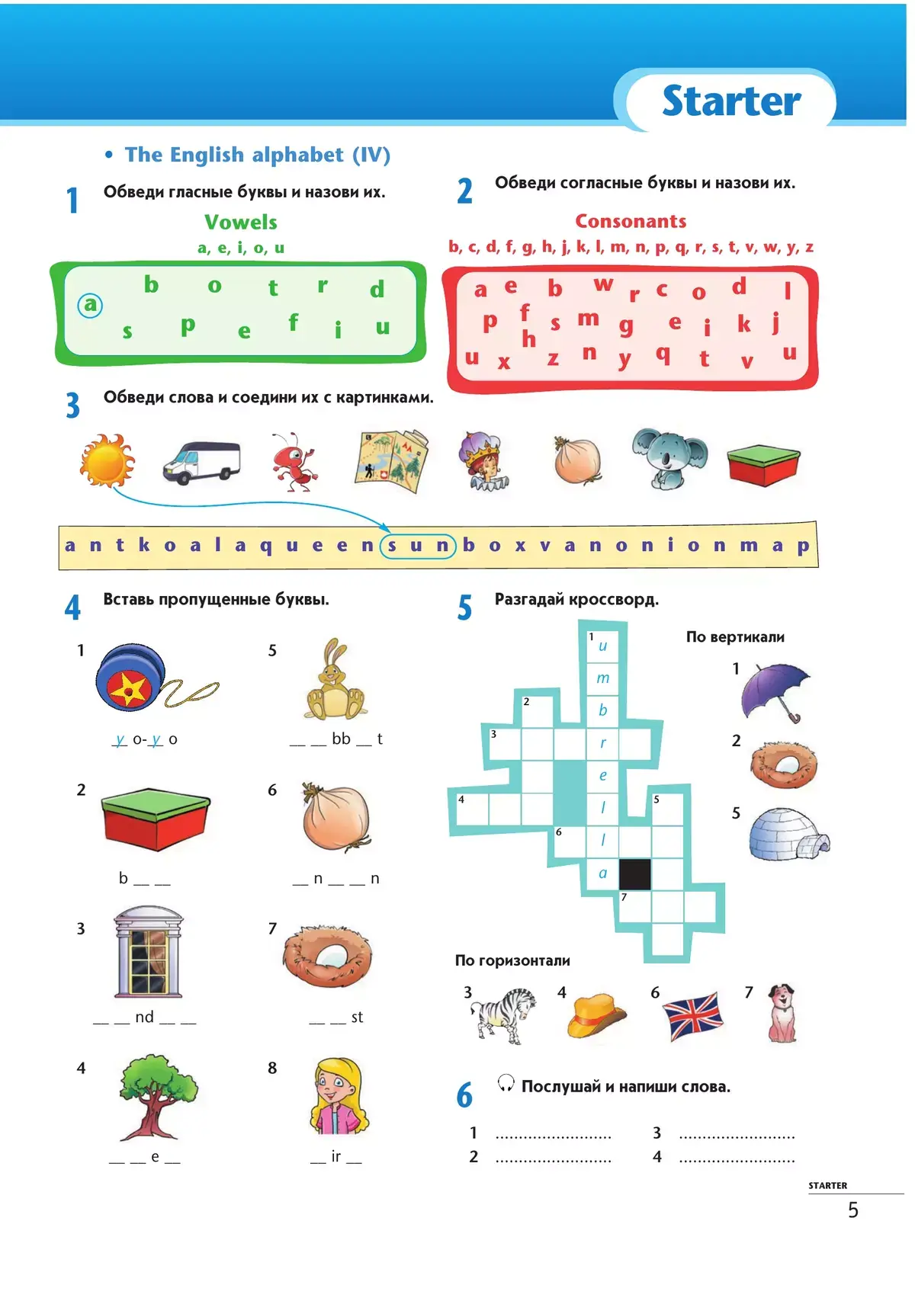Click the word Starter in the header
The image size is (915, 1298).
pyautogui.click(x=730, y=101)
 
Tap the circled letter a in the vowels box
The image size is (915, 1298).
pyautogui.click(x=90, y=305)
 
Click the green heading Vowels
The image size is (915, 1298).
pyautogui.click(x=240, y=222)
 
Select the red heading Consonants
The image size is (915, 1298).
pyautogui.click(x=631, y=221)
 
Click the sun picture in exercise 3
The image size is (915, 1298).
pyautogui.click(x=107, y=460)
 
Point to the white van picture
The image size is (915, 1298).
pyautogui.click(x=201, y=461)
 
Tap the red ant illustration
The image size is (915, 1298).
pyautogui.click(x=293, y=461)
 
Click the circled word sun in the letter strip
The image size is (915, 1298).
pyautogui.click(x=417, y=546)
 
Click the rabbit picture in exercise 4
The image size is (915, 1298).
pyautogui.click(x=335, y=681)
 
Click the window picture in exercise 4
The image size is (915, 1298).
pyautogui.click(x=149, y=953)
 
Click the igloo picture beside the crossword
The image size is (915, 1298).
pyautogui.click(x=788, y=835)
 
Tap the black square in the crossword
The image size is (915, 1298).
pyautogui.click(x=634, y=874)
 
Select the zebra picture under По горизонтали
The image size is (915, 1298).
pyautogui.click(x=502, y=1014)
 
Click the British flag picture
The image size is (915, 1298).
pyautogui.click(x=692, y=1015)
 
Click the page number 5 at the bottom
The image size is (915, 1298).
pyautogui.click(x=853, y=1210)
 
